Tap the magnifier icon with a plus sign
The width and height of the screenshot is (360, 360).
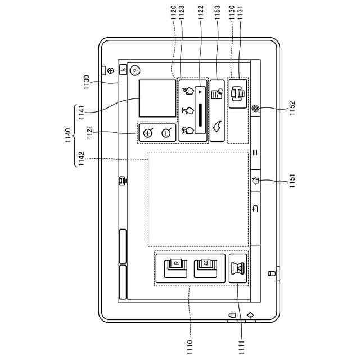pyautogui.click(x=148, y=133)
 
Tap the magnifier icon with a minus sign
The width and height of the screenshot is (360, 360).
pyautogui.click(x=166, y=133)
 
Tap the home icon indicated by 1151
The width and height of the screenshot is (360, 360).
pyautogui.click(x=256, y=181)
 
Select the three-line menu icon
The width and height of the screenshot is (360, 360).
pyautogui.click(x=255, y=152)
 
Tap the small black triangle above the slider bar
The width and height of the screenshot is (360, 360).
pyautogui.click(x=199, y=91)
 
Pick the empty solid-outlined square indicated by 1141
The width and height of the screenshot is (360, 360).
pyautogui.click(x=157, y=98)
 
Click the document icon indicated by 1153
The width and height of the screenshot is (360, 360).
pyautogui.click(x=217, y=92)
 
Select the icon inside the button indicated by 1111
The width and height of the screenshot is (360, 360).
pyautogui.click(x=238, y=269)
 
